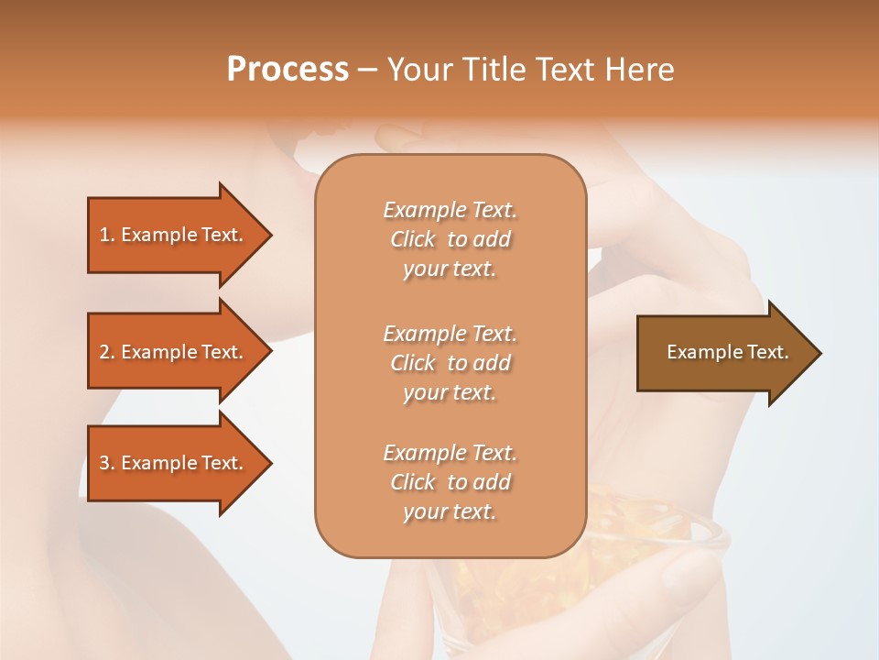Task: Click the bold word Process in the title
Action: [288, 69]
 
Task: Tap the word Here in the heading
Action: [640, 69]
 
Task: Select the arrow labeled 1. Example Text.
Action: [174, 235]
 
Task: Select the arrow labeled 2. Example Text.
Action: [174, 352]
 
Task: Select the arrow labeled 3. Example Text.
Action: [174, 463]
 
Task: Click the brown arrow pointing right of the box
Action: [723, 353]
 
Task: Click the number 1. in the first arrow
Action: [107, 235]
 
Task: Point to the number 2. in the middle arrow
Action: [107, 352]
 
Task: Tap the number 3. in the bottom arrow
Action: [107, 463]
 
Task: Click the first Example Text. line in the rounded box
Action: [450, 210]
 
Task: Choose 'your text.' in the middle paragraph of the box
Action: [450, 392]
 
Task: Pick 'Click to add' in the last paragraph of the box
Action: [450, 482]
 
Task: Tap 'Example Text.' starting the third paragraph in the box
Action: [450, 453]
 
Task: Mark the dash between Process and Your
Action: [367, 70]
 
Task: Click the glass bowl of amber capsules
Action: [641, 550]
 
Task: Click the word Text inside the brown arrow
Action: [765, 352]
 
